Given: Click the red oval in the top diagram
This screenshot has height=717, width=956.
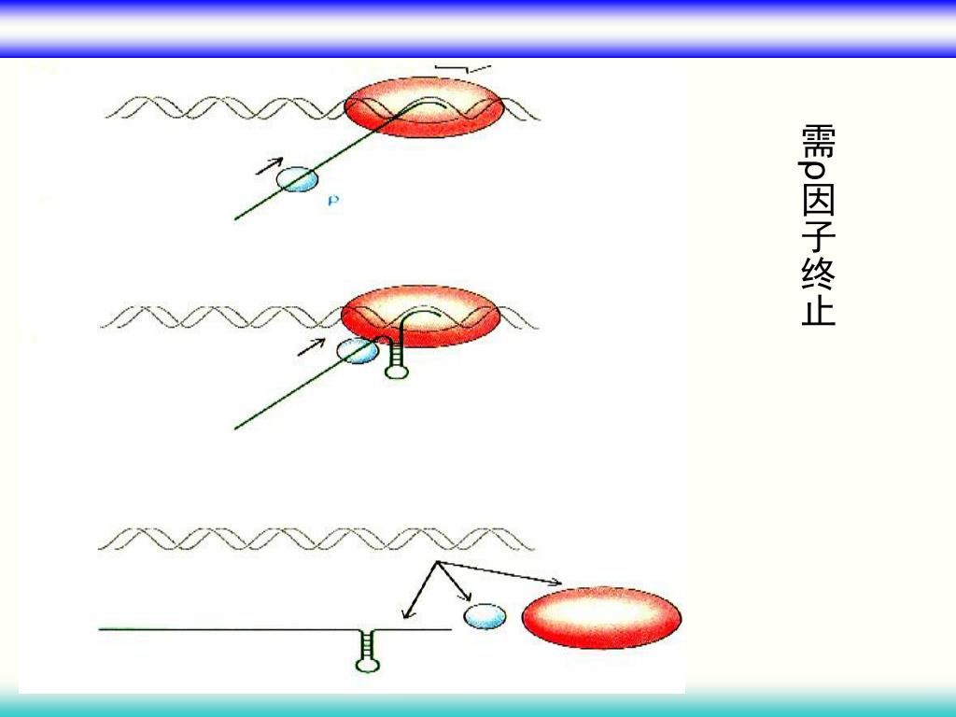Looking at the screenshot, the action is click(424, 108).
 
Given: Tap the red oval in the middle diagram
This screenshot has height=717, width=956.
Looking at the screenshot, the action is click(420, 316).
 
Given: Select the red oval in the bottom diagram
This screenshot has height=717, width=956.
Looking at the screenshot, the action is click(601, 618).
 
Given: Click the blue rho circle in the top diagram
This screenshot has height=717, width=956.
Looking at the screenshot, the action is click(298, 179).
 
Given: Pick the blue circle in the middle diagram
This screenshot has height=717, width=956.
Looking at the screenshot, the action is click(357, 352).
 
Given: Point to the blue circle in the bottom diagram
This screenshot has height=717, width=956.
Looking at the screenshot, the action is click(485, 616).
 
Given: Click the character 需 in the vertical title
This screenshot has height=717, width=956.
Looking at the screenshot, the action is click(818, 141).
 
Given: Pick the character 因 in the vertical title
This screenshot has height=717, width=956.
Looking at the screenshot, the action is click(818, 205).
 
